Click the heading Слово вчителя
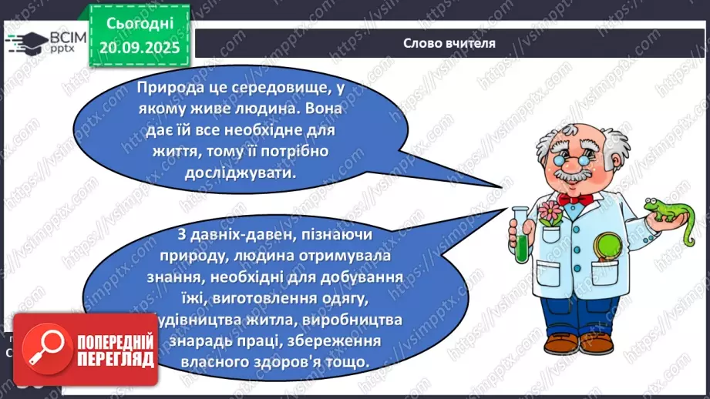[x=449, y=43]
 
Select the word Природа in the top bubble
[x=169, y=89]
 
